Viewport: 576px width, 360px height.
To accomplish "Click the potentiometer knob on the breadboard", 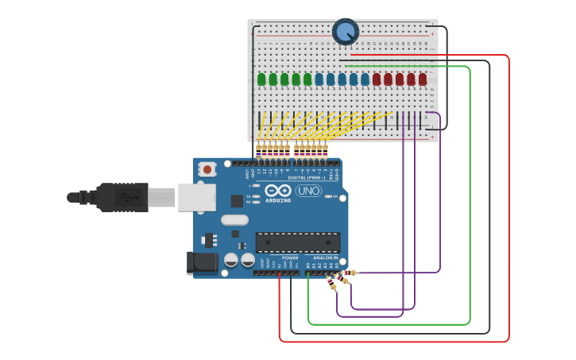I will [346, 32].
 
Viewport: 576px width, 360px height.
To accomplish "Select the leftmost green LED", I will [261, 79].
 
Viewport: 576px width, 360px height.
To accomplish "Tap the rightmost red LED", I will [423, 79].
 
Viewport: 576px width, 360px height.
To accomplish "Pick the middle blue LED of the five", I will [342, 79].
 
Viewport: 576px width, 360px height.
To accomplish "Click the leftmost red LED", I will [377, 79].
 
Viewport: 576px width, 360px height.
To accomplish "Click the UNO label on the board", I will [308, 191].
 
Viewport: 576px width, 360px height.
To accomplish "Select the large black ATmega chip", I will [298, 242].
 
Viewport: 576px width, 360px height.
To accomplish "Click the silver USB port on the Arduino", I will [196, 197].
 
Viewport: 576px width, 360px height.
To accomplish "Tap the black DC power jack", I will [201, 262].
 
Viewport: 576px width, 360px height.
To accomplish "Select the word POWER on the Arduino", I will [291, 258].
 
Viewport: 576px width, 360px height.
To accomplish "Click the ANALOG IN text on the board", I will [325, 258].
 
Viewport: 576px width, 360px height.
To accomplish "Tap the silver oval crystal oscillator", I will [234, 220].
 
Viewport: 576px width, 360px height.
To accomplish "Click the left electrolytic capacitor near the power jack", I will [231, 260].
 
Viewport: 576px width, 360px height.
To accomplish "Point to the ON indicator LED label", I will [335, 195].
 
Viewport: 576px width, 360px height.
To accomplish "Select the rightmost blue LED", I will [365, 79].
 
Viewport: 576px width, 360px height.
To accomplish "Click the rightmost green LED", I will [307, 79].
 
